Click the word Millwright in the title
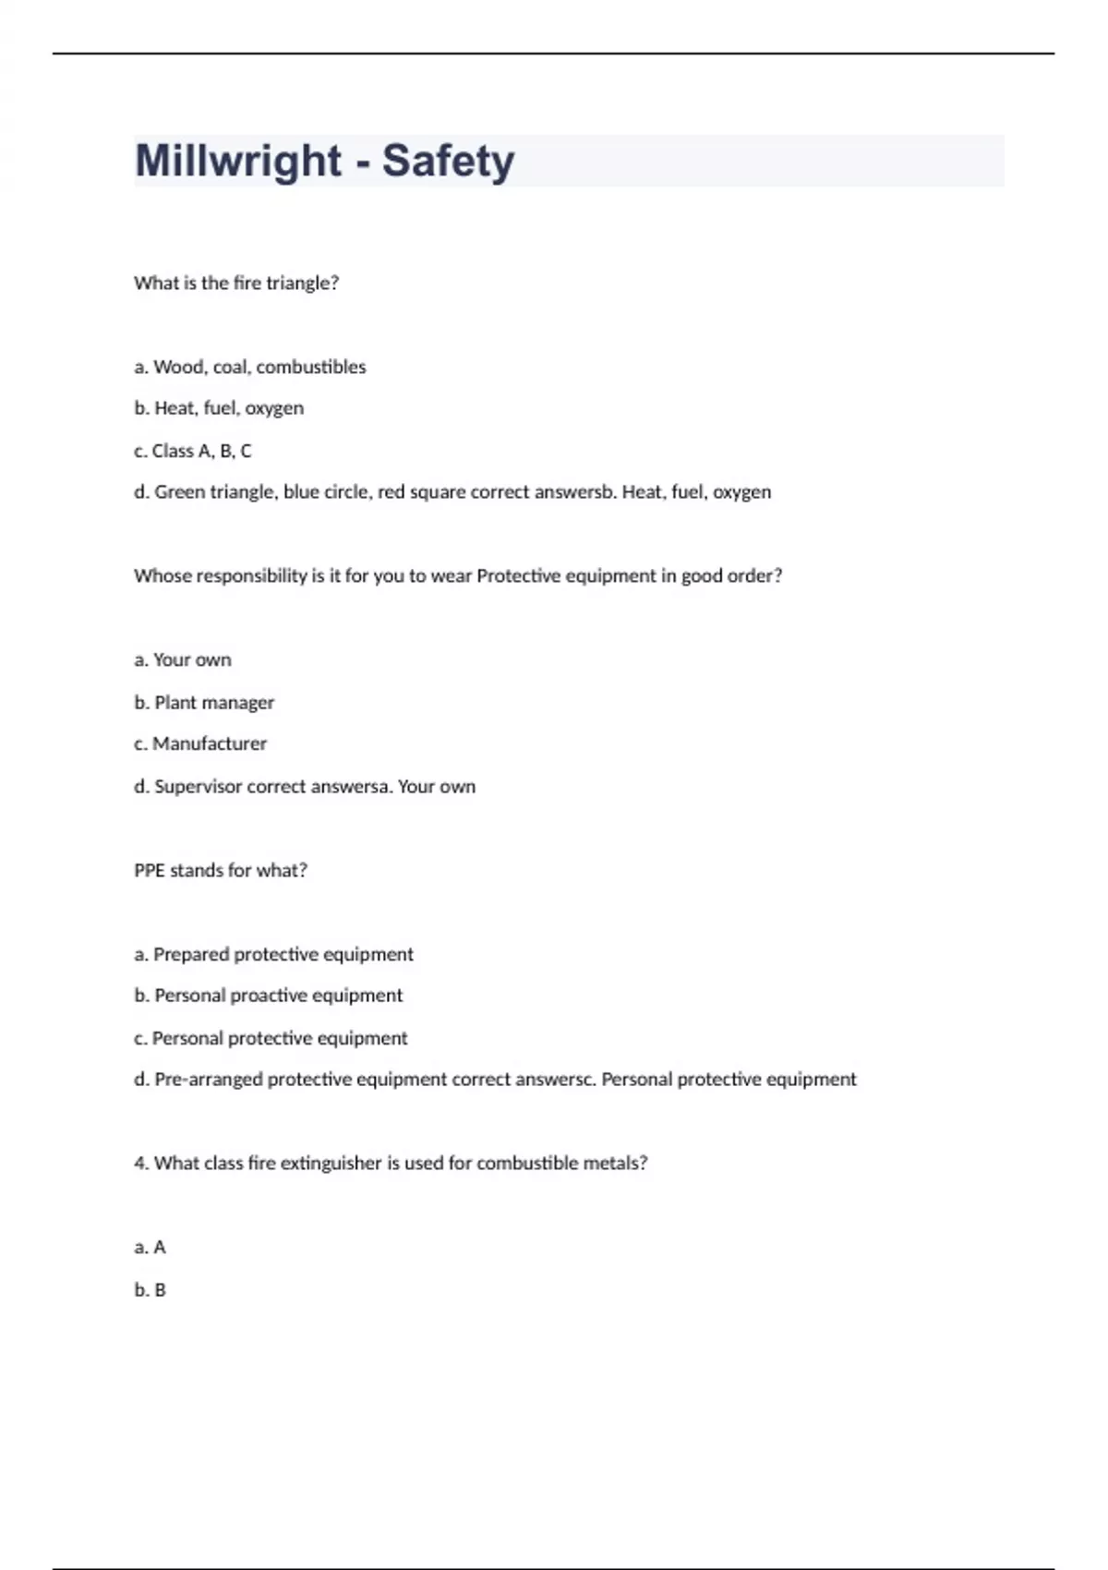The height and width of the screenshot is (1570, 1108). point(238,161)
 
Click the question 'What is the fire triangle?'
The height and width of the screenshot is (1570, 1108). point(236,283)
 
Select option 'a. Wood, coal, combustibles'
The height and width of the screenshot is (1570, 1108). point(250,367)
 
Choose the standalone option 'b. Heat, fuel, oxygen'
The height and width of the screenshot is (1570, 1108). point(219,408)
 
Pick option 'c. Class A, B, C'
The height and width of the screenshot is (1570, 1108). point(193,451)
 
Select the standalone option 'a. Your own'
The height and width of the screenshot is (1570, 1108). point(183,659)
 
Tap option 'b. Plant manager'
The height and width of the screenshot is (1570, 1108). point(204,702)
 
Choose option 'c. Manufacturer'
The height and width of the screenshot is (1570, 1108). point(200,743)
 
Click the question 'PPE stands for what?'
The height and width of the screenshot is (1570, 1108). point(221,870)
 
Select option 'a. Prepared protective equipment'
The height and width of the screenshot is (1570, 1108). point(274,954)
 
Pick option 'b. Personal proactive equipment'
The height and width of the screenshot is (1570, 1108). point(269,996)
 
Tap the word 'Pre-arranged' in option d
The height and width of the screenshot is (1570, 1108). point(208,1079)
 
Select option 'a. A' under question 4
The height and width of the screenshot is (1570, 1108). point(151,1247)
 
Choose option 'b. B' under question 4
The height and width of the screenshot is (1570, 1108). point(151,1289)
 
